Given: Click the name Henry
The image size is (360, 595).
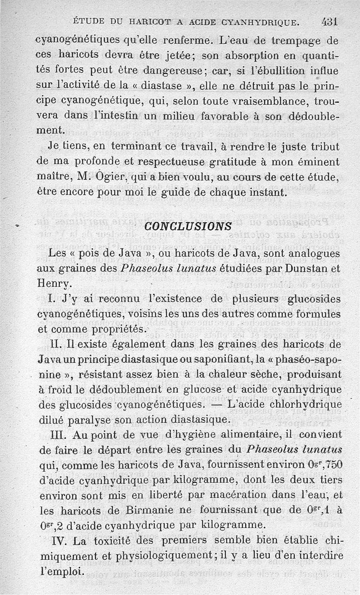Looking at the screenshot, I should pos(54,284).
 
